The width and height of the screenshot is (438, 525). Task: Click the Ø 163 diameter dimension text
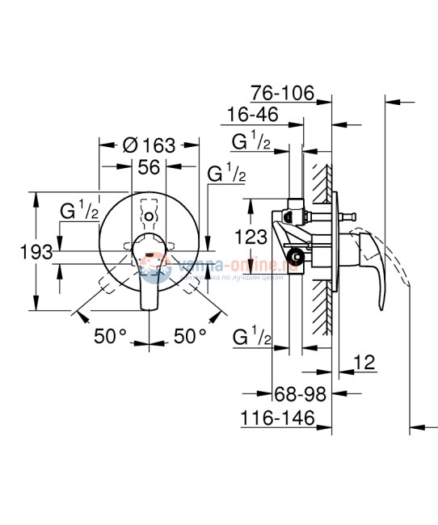click(x=149, y=145)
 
